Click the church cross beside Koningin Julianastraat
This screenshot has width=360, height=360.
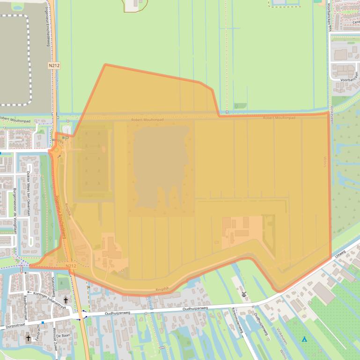tap(66, 301)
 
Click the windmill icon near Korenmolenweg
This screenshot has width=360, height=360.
tap(244, 294)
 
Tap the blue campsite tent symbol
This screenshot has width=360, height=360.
tap(305, 339)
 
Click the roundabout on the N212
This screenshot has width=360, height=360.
tap(56, 150)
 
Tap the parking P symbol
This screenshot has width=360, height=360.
tap(65, 138)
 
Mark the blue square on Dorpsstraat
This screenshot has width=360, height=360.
tap(43, 322)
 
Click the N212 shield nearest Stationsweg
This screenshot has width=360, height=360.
tap(70, 266)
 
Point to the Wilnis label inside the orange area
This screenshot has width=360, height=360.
tap(323, 162)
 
